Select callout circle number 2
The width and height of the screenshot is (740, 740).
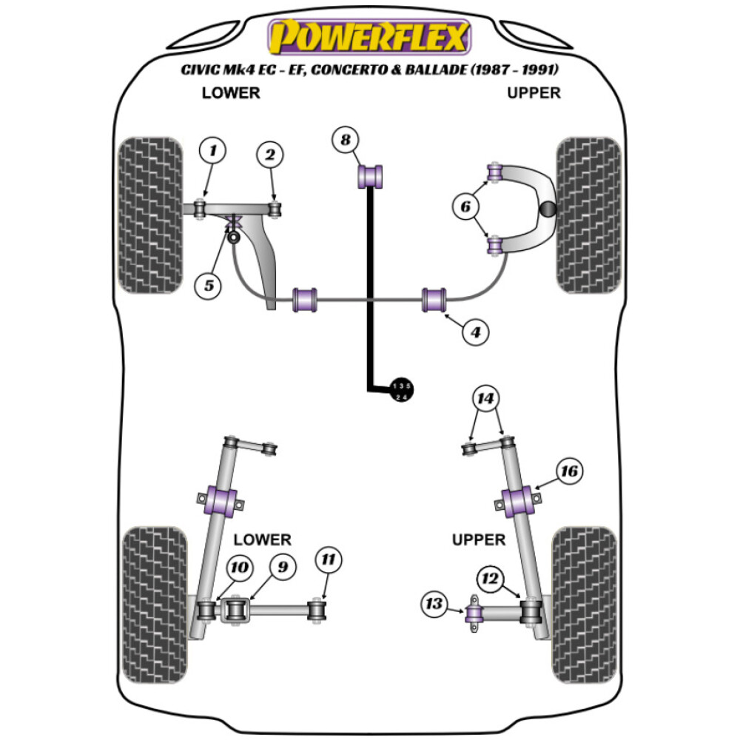270,155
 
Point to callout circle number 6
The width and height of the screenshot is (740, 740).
466,208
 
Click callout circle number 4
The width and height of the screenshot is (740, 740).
476,334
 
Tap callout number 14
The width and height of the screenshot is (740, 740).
485,400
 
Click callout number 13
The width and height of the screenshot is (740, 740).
434,605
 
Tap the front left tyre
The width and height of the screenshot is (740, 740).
151,215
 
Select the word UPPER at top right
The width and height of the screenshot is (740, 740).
534,93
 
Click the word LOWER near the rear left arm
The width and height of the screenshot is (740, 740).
262,540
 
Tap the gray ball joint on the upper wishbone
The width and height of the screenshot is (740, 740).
547,209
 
